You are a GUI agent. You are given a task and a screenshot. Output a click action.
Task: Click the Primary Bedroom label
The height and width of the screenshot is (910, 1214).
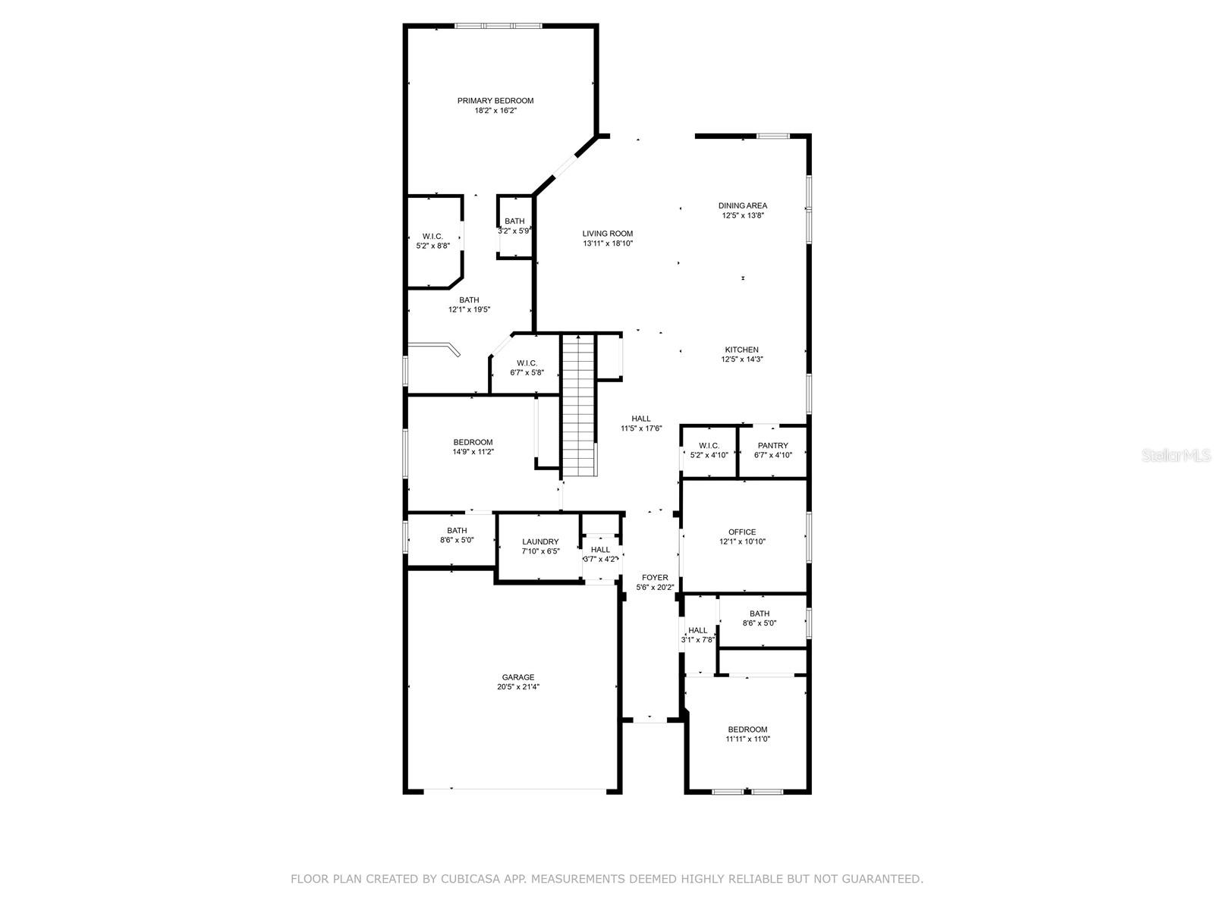coord(495,101)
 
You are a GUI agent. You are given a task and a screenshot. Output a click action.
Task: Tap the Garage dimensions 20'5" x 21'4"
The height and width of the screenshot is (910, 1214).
coord(517,687)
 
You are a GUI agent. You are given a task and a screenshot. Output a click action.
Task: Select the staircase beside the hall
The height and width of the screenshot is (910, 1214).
coord(580,406)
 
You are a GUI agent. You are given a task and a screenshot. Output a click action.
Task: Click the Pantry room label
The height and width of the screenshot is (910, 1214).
coord(772,446)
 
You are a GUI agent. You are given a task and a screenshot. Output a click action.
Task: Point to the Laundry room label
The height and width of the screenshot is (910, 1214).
coord(540,542)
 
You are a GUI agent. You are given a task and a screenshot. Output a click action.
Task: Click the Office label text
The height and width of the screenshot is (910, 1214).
coord(742,532)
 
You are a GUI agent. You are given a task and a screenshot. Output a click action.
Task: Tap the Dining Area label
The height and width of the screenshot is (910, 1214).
coord(743,206)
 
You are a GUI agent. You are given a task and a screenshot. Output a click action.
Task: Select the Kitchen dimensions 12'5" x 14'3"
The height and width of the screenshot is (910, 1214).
coord(741,359)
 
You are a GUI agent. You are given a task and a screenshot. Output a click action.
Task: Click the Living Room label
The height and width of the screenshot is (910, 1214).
coord(607,234)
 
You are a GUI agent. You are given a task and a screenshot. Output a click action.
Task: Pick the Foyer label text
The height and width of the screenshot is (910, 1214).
coord(655,578)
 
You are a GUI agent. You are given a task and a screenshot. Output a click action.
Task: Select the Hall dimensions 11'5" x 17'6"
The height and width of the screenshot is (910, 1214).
coord(641,428)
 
